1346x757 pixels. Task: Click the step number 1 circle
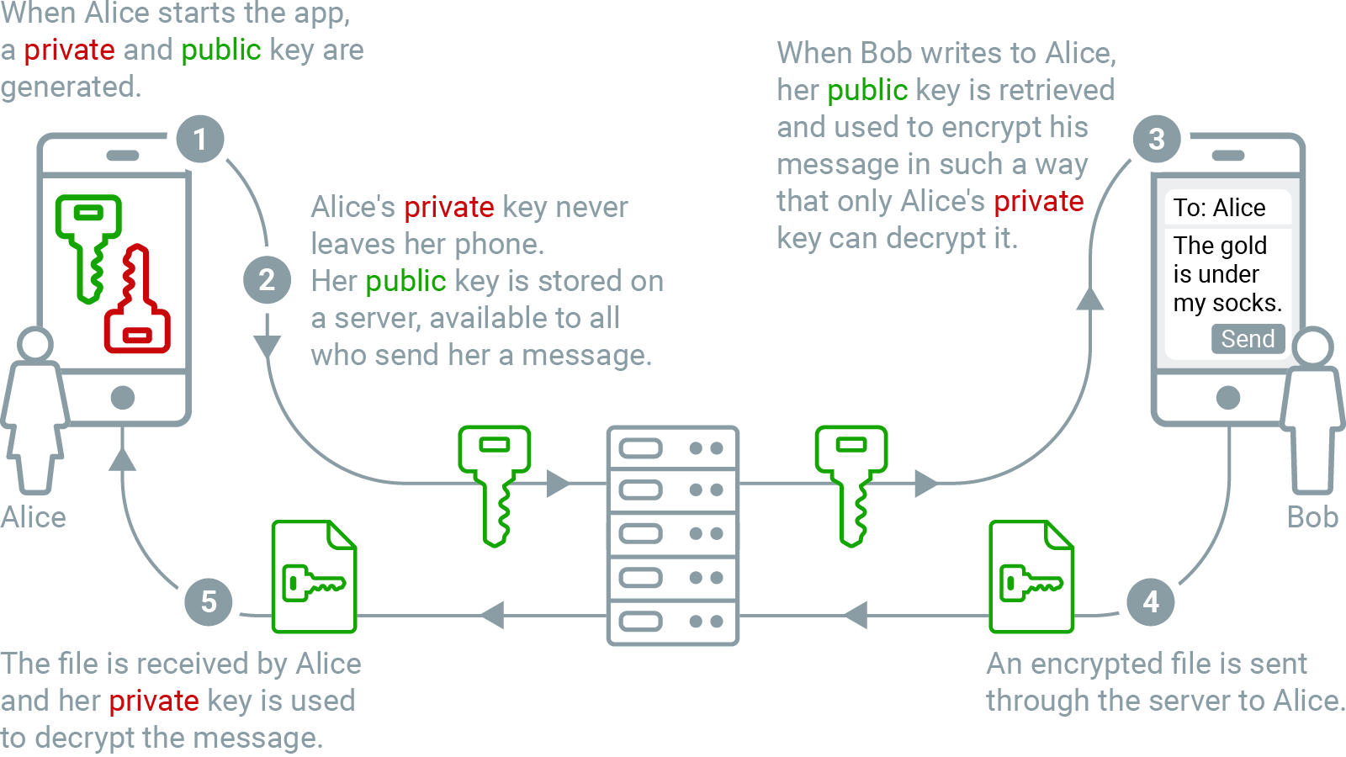click(x=200, y=139)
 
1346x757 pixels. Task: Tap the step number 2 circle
click(x=267, y=280)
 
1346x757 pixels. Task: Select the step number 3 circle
click(x=1157, y=139)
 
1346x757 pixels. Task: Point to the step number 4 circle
click(x=1151, y=601)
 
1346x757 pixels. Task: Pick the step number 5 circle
click(x=209, y=601)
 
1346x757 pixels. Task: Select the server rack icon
click(x=673, y=535)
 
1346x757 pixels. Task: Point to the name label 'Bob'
click(x=1312, y=517)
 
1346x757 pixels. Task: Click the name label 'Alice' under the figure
click(x=34, y=517)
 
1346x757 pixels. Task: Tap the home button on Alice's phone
click(x=123, y=397)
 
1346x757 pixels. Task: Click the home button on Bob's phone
click(x=1228, y=397)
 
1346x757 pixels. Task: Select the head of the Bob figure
click(x=1312, y=347)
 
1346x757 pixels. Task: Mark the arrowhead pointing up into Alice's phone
click(x=123, y=459)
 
